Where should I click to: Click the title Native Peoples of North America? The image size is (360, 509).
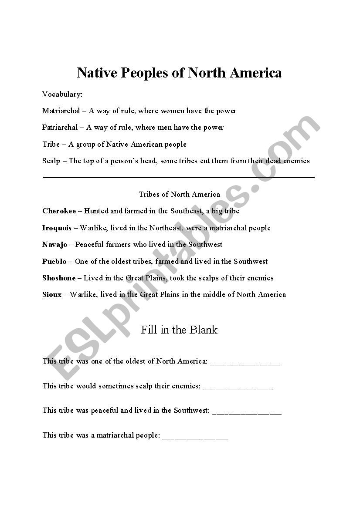coord(179,73)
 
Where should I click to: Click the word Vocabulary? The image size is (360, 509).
coord(62,94)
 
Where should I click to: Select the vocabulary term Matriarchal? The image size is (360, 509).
coord(61,111)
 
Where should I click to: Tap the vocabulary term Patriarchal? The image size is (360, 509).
coord(60,128)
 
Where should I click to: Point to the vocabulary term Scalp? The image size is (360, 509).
coord(51,161)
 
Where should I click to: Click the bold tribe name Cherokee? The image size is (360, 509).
coord(59,211)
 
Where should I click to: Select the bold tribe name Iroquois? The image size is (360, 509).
coord(57,228)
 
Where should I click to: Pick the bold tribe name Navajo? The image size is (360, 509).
coord(55,245)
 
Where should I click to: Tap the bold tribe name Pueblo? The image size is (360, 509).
coord(54,262)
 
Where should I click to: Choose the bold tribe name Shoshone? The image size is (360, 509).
coord(59,278)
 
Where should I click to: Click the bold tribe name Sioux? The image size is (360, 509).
coord(52,295)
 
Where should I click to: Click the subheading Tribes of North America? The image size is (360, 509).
coord(179,194)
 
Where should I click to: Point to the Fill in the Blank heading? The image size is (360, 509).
coord(179,330)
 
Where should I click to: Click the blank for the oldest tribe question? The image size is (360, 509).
coord(245,362)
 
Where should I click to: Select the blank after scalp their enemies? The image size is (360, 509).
coord(238,387)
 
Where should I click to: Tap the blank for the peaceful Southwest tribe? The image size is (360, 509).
coord(247,411)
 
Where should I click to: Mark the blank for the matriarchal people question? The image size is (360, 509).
coord(195,436)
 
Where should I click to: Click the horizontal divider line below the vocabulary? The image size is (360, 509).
coord(179,177)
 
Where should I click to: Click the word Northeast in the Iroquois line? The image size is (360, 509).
coord(165,228)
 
